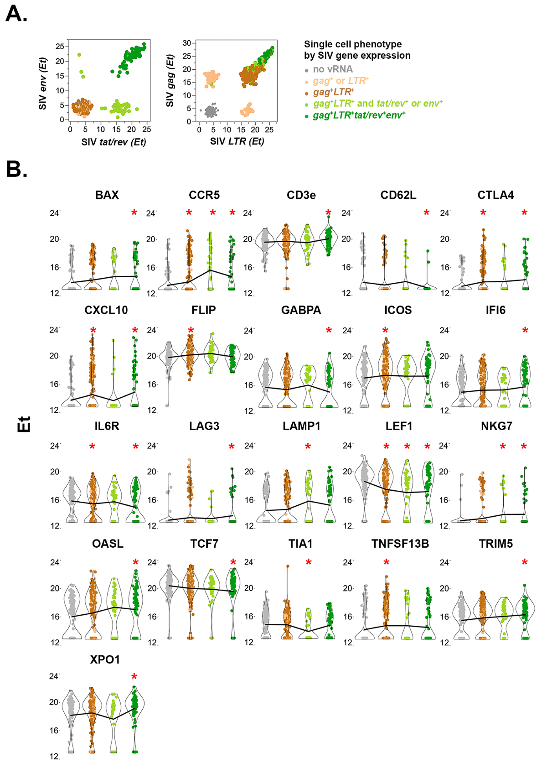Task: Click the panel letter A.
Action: coord(16,14)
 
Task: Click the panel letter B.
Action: coord(16,169)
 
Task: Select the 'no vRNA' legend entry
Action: coord(332,69)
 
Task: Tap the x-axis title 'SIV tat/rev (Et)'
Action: coord(114,142)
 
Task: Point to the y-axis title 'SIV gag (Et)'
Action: coord(170,81)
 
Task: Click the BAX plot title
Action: coord(107,195)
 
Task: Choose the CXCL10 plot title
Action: coord(106,310)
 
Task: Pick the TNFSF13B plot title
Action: coord(400,544)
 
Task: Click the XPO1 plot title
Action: coord(105,659)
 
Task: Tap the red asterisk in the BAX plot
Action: coord(134,213)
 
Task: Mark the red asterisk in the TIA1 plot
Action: coord(309,563)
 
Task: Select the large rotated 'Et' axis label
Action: coord(24,424)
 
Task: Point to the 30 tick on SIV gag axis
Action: coord(187,43)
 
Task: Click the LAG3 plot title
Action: coord(204,426)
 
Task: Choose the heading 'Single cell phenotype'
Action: coord(353,44)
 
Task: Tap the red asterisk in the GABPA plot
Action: coord(329,331)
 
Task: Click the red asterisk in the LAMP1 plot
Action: coord(308,447)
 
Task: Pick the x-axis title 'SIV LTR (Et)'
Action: coord(237,141)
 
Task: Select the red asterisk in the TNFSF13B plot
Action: coord(387,563)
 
